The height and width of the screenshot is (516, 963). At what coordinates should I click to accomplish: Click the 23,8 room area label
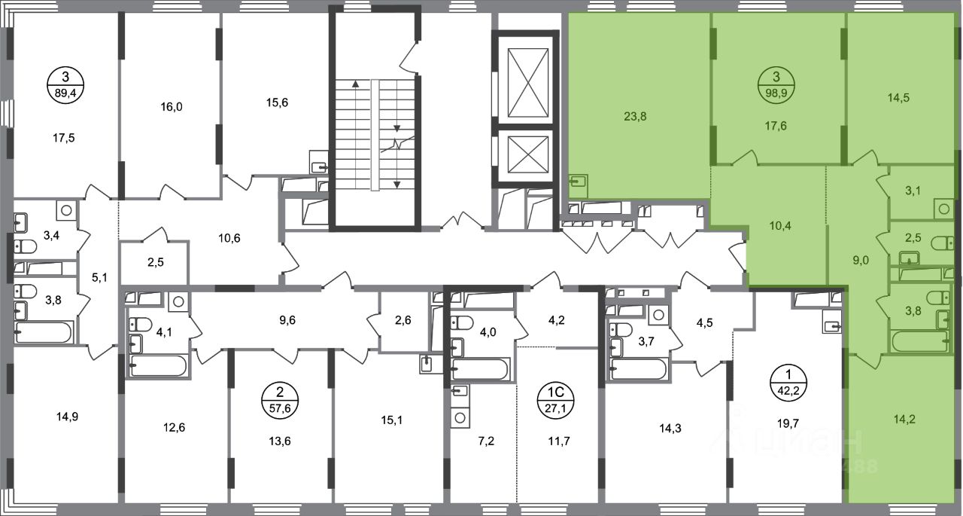[635, 117]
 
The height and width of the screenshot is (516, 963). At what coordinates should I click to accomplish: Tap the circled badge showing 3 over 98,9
[776, 85]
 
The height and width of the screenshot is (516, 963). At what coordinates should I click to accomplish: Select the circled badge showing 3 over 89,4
[65, 85]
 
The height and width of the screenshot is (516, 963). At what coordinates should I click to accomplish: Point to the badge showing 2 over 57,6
[280, 400]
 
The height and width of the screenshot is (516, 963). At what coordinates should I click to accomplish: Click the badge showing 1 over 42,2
[788, 382]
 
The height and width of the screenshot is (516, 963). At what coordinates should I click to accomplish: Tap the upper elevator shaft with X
[528, 83]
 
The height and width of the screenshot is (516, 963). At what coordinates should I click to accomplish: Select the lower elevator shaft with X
[528, 155]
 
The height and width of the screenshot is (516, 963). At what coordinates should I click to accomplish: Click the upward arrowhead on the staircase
[356, 84]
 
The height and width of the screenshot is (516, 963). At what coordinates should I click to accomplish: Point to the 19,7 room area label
[788, 424]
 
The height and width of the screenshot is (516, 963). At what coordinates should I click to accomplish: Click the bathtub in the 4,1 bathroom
[158, 366]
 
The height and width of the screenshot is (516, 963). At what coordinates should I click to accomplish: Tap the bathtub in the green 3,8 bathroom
[920, 341]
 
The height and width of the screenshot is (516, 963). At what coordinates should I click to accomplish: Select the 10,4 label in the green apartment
[780, 225]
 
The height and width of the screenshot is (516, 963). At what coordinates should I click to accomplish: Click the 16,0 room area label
[172, 107]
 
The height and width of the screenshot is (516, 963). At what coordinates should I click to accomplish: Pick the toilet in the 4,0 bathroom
[461, 322]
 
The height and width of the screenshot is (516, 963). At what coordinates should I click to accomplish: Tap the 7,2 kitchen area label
[486, 441]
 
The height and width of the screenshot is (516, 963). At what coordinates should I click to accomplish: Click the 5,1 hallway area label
[99, 277]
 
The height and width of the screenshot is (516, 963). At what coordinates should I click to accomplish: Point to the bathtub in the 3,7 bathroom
[639, 369]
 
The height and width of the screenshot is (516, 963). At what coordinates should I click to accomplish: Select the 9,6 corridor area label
[287, 320]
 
